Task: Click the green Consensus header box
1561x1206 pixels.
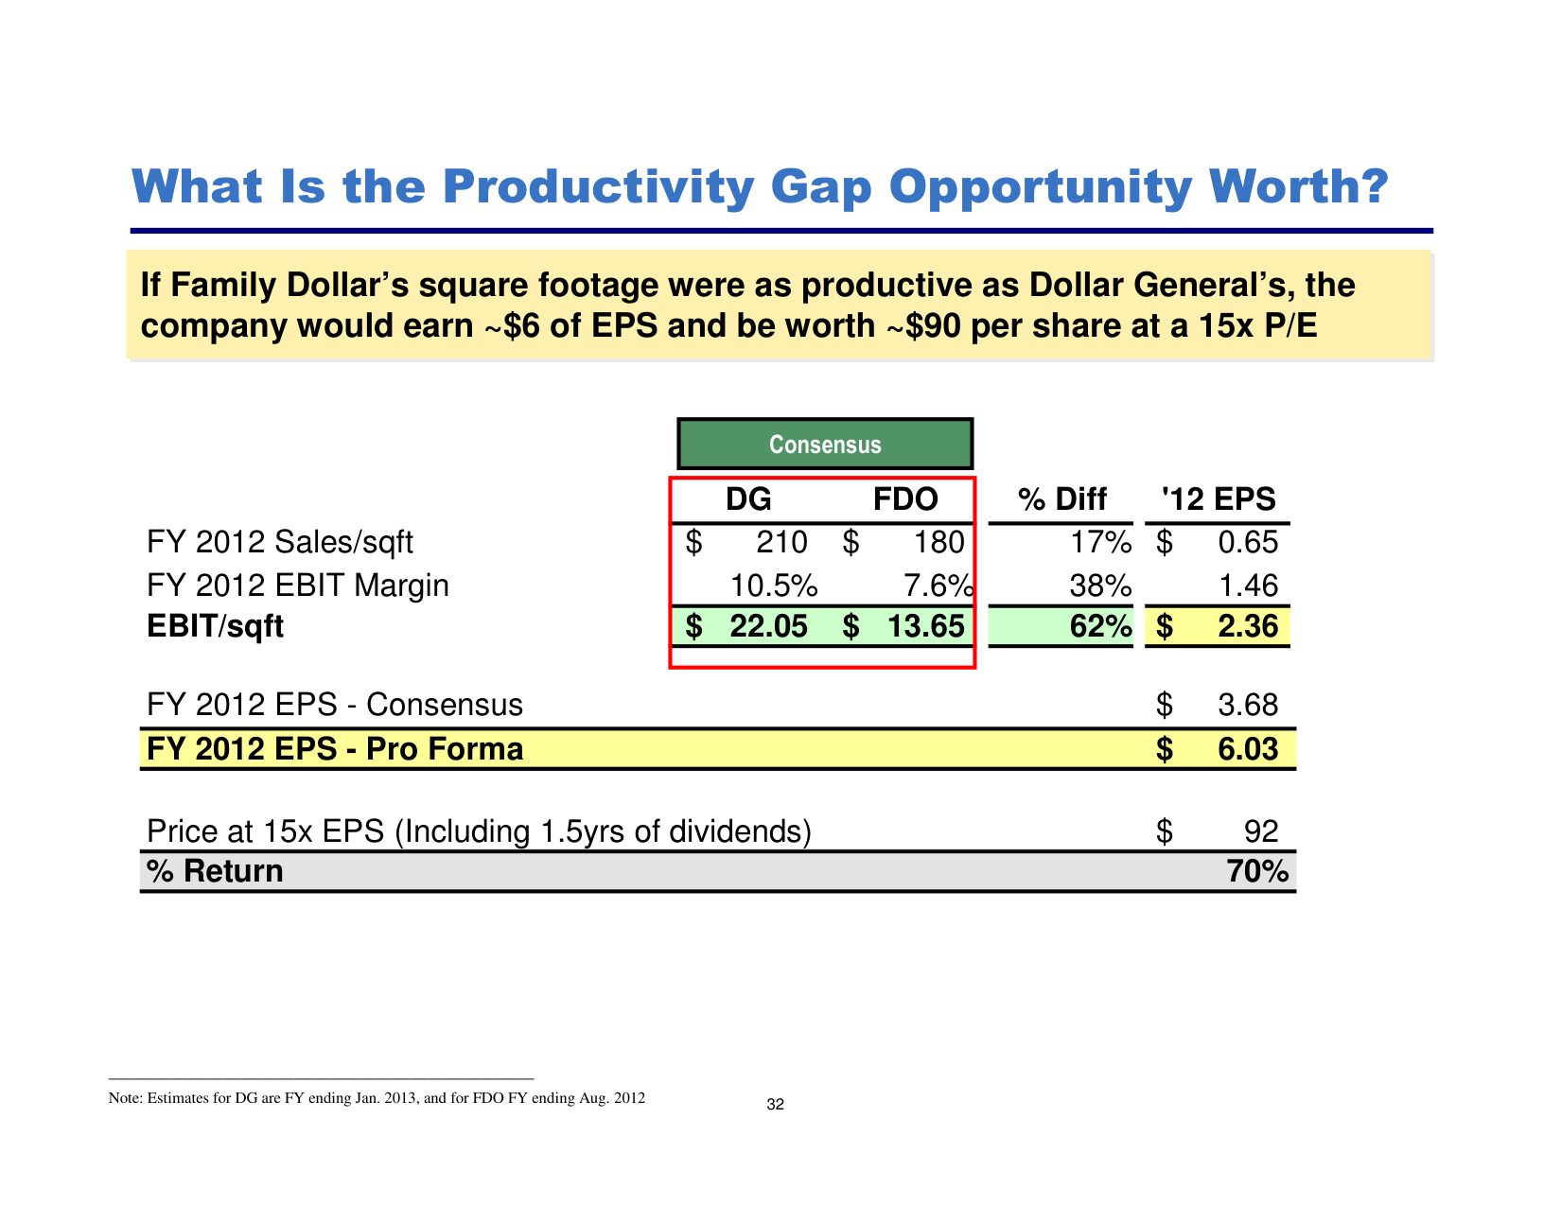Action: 824,445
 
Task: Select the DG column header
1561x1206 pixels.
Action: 748,498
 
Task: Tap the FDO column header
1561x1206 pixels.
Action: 904,498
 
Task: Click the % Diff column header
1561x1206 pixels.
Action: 1061,498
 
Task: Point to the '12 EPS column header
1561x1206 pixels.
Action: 1219,498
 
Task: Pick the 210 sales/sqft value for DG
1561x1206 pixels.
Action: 781,542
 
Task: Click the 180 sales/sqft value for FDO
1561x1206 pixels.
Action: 938,542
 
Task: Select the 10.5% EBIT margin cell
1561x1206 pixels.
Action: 773,586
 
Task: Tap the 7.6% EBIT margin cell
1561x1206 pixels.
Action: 938,586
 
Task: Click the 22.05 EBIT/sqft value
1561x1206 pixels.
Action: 768,626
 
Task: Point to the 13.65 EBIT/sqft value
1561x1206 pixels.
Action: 925,626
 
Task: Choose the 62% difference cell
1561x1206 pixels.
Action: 1100,626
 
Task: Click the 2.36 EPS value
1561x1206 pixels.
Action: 1248,626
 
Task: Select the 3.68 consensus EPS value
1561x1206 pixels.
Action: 1248,705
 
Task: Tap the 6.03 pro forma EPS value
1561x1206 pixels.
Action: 1248,749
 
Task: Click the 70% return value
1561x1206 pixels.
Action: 1257,871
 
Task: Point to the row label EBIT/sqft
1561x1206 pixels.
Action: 216,626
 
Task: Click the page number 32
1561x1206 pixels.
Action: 776,1105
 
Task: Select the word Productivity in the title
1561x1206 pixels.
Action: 598,186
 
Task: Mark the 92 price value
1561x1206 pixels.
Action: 1261,831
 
